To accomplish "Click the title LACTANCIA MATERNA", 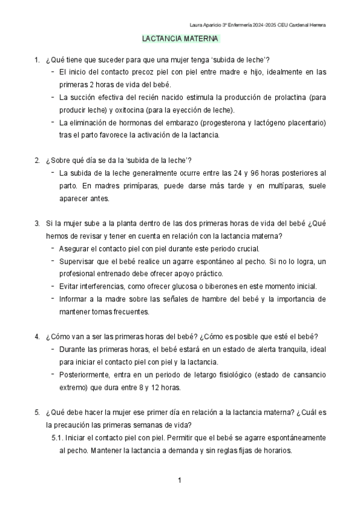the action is click(180, 39).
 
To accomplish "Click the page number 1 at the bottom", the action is click(180, 481).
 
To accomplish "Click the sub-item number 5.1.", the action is click(58, 438).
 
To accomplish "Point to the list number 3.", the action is click(37, 223).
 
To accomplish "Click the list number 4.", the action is click(37, 336).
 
